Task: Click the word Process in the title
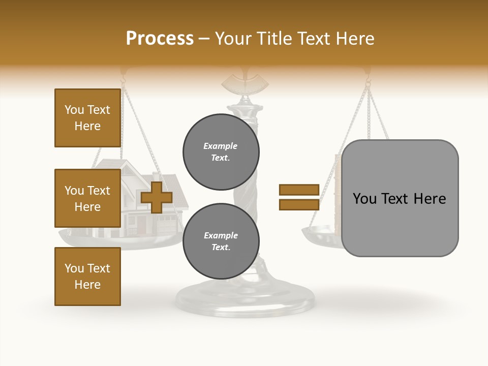pos(160,39)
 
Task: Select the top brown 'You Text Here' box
pos(87,118)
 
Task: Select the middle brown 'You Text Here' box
pos(87,198)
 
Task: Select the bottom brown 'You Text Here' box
pos(87,277)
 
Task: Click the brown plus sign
pos(157,197)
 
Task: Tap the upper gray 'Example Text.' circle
pos(221,152)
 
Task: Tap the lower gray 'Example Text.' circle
pos(221,241)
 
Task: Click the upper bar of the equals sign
pos(299,190)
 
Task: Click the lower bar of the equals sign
pos(299,204)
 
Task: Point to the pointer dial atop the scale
pos(246,81)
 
